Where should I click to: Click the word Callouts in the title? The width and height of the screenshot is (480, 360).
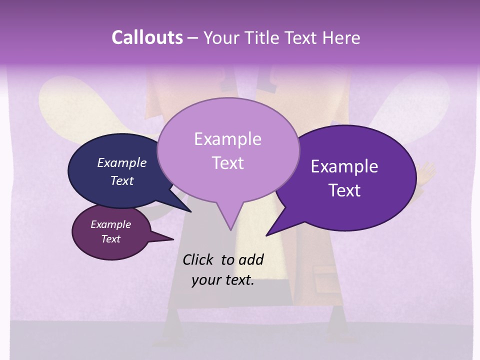[147, 37]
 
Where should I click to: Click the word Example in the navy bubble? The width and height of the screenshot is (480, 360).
[121, 162]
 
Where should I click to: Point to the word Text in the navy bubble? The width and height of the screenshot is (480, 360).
[121, 180]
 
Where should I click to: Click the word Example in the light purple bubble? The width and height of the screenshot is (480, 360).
[227, 139]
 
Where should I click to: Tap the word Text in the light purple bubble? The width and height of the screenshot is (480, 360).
[227, 163]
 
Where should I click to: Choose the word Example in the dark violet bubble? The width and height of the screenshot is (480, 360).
[344, 166]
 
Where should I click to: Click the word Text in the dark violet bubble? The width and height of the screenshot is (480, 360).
[344, 190]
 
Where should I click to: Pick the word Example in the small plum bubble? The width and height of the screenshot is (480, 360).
[110, 224]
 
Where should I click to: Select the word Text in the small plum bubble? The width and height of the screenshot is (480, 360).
[110, 239]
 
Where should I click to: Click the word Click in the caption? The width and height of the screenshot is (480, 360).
[197, 259]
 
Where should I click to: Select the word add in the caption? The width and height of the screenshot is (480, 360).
[250, 259]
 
